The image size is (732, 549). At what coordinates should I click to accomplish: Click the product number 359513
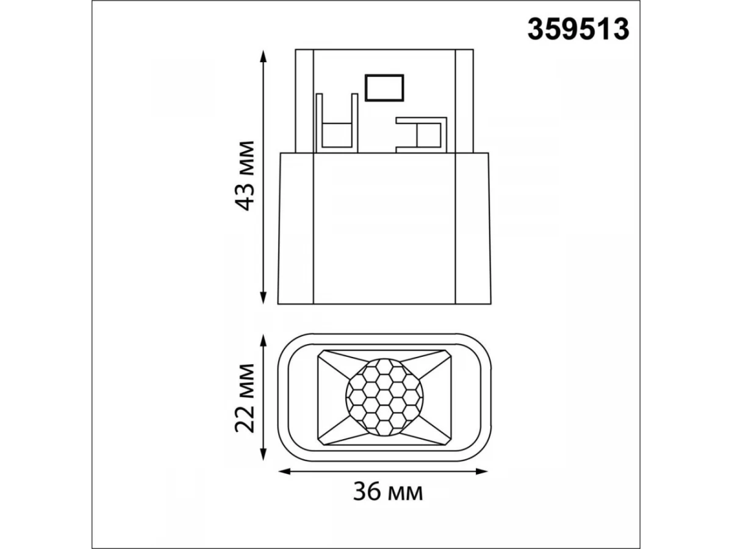(578, 30)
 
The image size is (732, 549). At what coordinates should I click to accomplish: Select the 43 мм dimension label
(245, 176)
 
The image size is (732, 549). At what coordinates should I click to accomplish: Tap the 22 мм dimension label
(245, 398)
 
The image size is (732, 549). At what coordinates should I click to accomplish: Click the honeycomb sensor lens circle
(384, 397)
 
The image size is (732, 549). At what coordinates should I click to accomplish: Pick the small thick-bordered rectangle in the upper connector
(384, 88)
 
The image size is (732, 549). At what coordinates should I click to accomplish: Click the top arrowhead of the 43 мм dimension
(263, 56)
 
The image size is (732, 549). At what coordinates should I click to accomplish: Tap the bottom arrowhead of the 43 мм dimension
(263, 297)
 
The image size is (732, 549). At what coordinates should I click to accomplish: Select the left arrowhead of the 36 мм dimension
(284, 472)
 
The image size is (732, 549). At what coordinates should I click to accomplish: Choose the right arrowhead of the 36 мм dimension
(481, 472)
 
